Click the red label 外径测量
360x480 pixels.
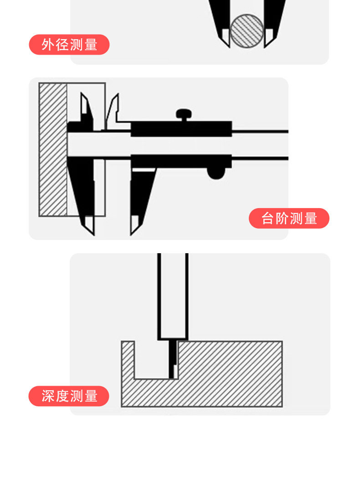coord(69,45)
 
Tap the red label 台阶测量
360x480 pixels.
coord(289,219)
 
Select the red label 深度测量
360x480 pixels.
coord(69,396)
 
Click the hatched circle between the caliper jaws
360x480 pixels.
coord(247,30)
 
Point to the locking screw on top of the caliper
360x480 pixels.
coord(184,114)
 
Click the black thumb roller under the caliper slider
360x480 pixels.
coord(216,172)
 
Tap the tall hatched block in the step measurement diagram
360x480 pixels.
coord(52,149)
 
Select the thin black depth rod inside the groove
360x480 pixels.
coord(172,360)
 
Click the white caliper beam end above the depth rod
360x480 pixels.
coord(173,296)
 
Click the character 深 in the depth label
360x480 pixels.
coord(48,396)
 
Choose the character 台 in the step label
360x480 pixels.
coord(268,219)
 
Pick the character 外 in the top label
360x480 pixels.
coord(48,45)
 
